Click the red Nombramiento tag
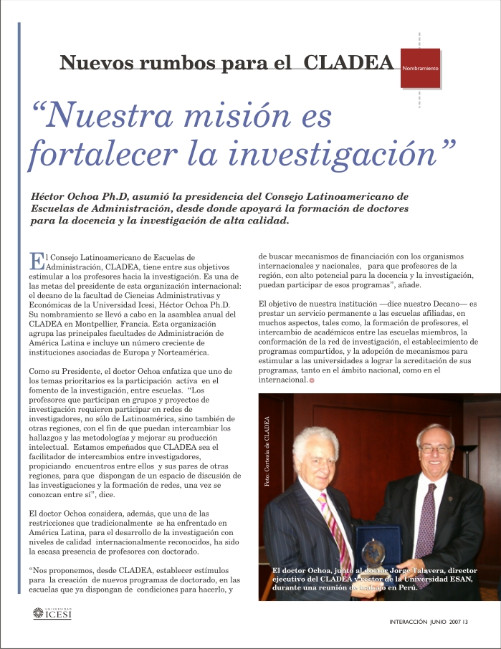(421, 68)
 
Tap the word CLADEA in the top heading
(350, 62)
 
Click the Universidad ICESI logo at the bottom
(52, 613)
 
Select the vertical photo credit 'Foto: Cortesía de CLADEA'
(267, 453)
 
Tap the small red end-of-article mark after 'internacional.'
(312, 380)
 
